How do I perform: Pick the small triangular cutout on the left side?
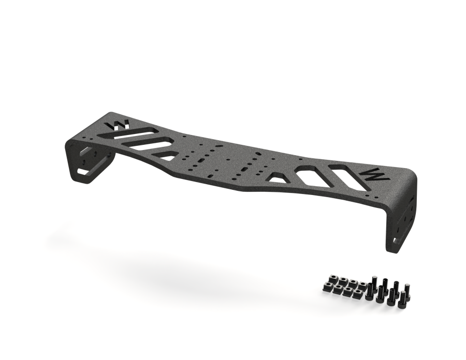(166, 155)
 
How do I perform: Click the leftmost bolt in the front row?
(370, 292)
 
